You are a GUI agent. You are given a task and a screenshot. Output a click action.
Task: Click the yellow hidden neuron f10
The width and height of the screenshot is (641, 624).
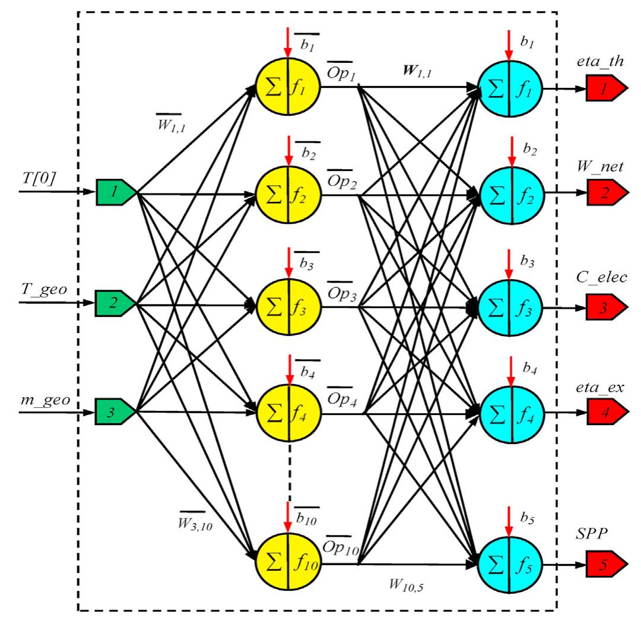pos(288,560)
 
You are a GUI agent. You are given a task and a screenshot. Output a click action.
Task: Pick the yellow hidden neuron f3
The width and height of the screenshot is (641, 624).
pos(288,308)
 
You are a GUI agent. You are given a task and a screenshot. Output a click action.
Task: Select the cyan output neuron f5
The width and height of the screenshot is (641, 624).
pos(509,561)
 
